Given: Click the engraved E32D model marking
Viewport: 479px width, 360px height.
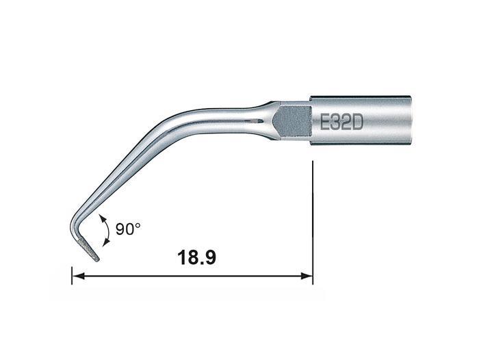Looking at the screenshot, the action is point(341,123).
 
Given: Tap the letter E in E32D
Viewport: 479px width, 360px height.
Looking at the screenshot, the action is point(324,123).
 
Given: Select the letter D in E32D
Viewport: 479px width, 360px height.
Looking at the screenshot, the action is point(357,123).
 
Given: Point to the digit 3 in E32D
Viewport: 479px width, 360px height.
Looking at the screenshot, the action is point(335,123).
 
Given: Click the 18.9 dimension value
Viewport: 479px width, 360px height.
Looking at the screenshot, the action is point(196,257).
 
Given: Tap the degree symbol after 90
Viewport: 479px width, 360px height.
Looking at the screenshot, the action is point(138,225).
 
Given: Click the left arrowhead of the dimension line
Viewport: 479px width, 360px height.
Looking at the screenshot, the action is point(79,276).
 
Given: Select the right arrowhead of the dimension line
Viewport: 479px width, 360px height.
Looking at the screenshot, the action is point(307,276).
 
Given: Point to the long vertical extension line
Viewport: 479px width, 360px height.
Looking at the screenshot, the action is point(313,222).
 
